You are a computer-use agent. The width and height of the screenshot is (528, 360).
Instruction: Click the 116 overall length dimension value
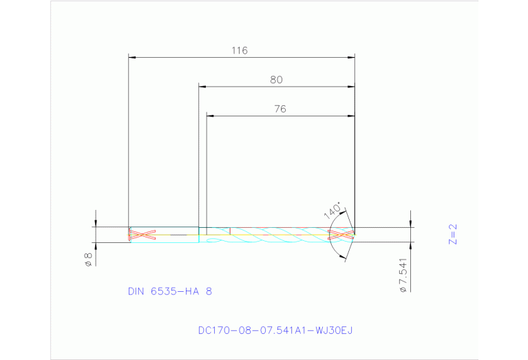click(x=240, y=50)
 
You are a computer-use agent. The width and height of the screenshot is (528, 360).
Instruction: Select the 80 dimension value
click(x=276, y=80)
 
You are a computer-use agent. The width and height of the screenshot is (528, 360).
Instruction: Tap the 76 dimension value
click(x=279, y=109)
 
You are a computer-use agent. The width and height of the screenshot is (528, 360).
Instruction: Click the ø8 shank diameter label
click(x=88, y=259)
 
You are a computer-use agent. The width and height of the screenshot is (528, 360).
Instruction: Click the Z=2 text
click(x=452, y=234)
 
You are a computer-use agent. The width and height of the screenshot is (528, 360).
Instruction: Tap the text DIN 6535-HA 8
click(x=170, y=291)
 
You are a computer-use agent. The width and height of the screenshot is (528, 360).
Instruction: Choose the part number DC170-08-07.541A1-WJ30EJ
click(x=275, y=331)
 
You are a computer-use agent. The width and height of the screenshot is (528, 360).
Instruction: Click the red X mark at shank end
click(x=141, y=235)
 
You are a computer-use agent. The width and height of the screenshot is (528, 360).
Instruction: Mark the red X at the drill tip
click(x=341, y=235)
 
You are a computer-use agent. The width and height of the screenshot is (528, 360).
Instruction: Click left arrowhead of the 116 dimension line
click(x=133, y=57)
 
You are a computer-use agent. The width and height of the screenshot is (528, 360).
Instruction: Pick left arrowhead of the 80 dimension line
click(x=202, y=87)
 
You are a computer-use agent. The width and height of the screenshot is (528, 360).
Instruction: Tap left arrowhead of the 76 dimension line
click(x=211, y=116)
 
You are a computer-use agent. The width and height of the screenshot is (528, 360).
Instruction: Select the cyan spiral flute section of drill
click(x=275, y=235)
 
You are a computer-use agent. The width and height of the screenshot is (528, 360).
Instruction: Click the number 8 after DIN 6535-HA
click(x=209, y=291)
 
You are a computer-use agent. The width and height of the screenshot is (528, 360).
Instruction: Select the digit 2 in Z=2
click(x=452, y=226)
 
